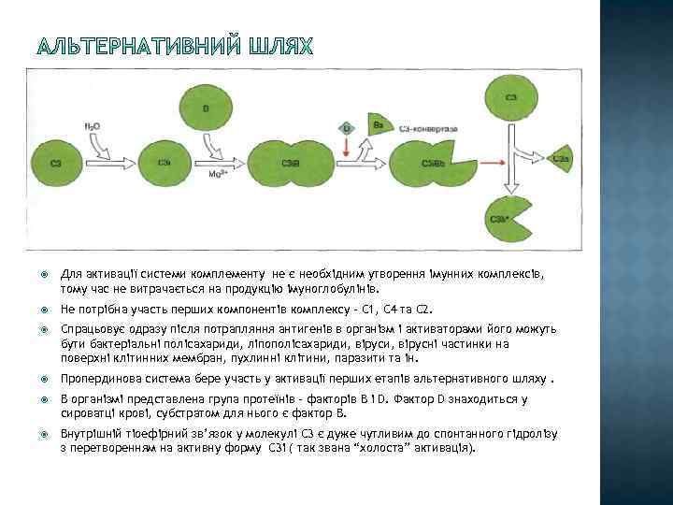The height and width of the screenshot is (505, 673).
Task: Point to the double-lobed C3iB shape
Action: pyautogui.click(x=292, y=163)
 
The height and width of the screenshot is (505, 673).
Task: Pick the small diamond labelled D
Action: pyautogui.click(x=346, y=126)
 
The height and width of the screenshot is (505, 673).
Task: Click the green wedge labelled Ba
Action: pyautogui.click(x=376, y=126)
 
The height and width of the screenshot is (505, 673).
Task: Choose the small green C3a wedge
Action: pyautogui.click(x=562, y=160)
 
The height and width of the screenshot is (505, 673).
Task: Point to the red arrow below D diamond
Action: pyautogui.click(x=346, y=147)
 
